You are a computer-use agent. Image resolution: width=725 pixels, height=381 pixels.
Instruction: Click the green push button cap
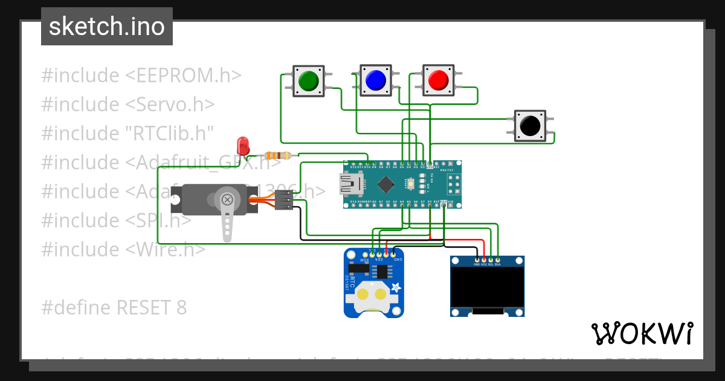tap(309, 80)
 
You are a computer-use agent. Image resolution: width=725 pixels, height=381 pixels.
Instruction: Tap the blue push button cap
tap(376, 80)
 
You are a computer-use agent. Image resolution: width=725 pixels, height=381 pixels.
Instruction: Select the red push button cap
tap(438, 80)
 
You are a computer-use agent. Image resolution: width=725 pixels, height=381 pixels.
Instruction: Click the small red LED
tap(243, 146)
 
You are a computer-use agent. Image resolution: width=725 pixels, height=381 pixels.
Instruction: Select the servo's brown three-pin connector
tap(283, 200)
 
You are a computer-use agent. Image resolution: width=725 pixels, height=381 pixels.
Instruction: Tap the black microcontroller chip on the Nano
tap(385, 183)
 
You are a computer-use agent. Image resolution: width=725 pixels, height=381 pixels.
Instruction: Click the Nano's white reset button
tap(410, 183)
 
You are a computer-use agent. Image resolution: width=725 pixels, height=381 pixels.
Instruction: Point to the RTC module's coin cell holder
tap(371, 295)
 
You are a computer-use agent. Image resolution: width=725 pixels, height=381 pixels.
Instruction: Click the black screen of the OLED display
tap(487, 287)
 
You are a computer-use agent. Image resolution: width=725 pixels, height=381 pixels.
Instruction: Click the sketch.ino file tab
tap(107, 27)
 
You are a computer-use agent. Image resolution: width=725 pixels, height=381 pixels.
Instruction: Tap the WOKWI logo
tap(642, 333)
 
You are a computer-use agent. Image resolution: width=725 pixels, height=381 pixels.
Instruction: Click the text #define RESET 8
tap(114, 308)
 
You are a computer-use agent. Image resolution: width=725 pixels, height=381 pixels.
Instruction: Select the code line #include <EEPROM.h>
tap(141, 76)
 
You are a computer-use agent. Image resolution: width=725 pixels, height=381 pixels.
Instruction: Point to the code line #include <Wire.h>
tap(123, 249)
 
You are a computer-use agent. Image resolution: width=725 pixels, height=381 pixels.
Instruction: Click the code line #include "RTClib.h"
tap(127, 134)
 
